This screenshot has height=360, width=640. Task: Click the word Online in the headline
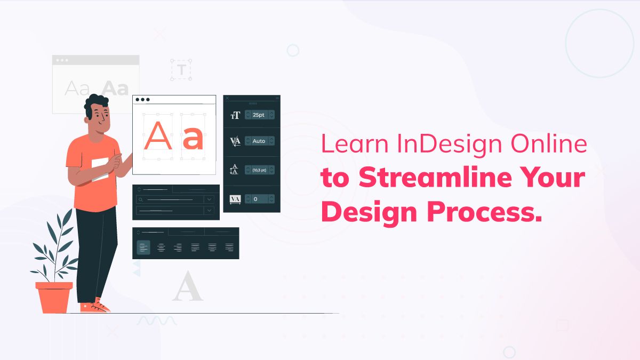click(x=549, y=143)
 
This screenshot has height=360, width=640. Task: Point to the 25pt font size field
click(x=259, y=115)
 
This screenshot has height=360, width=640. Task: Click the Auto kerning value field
click(x=259, y=141)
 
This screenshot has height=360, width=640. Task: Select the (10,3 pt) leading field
click(x=259, y=170)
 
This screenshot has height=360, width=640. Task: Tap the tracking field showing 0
click(x=259, y=199)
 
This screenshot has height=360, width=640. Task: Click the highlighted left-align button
click(x=143, y=247)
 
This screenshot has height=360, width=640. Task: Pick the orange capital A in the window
click(x=158, y=135)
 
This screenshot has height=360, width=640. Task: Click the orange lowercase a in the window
click(x=193, y=138)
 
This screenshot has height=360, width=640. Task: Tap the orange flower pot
click(x=54, y=297)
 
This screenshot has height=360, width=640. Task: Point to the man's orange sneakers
click(x=94, y=306)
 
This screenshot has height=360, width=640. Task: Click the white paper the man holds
click(x=100, y=169)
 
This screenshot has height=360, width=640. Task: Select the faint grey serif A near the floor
click(x=187, y=286)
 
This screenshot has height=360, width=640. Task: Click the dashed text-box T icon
click(x=181, y=70)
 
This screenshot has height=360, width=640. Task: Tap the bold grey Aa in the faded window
click(x=115, y=88)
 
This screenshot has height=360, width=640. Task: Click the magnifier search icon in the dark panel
click(x=141, y=199)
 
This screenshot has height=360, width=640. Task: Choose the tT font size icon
click(x=235, y=115)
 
